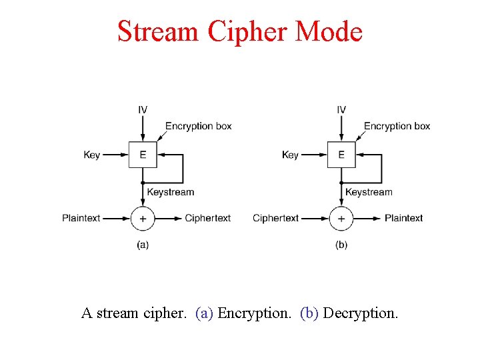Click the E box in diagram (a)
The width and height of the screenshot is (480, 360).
[143, 155]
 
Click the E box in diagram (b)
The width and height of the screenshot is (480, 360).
[341, 155]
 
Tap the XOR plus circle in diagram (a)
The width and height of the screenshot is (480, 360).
[143, 218]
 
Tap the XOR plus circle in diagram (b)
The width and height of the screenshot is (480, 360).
[341, 218]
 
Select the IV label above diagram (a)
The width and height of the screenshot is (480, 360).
[143, 110]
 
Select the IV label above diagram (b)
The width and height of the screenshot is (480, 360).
[341, 110]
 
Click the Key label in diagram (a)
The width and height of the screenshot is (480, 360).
[92, 155]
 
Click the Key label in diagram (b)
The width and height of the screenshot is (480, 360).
[290, 155]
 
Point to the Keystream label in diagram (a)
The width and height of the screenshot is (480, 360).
[171, 192]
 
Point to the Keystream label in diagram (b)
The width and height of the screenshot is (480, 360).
[369, 192]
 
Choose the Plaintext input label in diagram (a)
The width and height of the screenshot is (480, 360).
[81, 218]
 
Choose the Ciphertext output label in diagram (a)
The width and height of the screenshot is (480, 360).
[207, 218]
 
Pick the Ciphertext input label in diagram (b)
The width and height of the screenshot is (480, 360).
[275, 218]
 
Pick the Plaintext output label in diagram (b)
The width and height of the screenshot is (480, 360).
[403, 218]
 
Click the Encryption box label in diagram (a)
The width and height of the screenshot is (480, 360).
[198, 126]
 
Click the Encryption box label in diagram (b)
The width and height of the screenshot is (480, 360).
[397, 126]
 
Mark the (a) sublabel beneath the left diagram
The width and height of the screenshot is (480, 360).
[143, 245]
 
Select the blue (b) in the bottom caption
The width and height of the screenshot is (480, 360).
[309, 313]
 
